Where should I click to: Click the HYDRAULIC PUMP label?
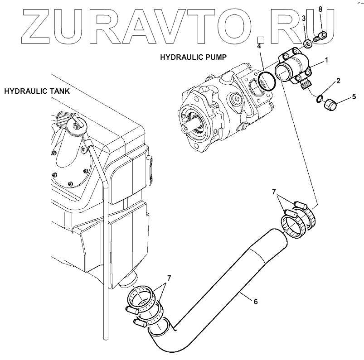193,58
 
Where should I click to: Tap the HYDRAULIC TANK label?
37,91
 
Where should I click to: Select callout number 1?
326,59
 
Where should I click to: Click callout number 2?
338,81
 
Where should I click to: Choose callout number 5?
354,96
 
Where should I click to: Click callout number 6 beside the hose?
255,301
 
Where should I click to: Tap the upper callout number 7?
273,192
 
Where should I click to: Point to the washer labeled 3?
307,43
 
